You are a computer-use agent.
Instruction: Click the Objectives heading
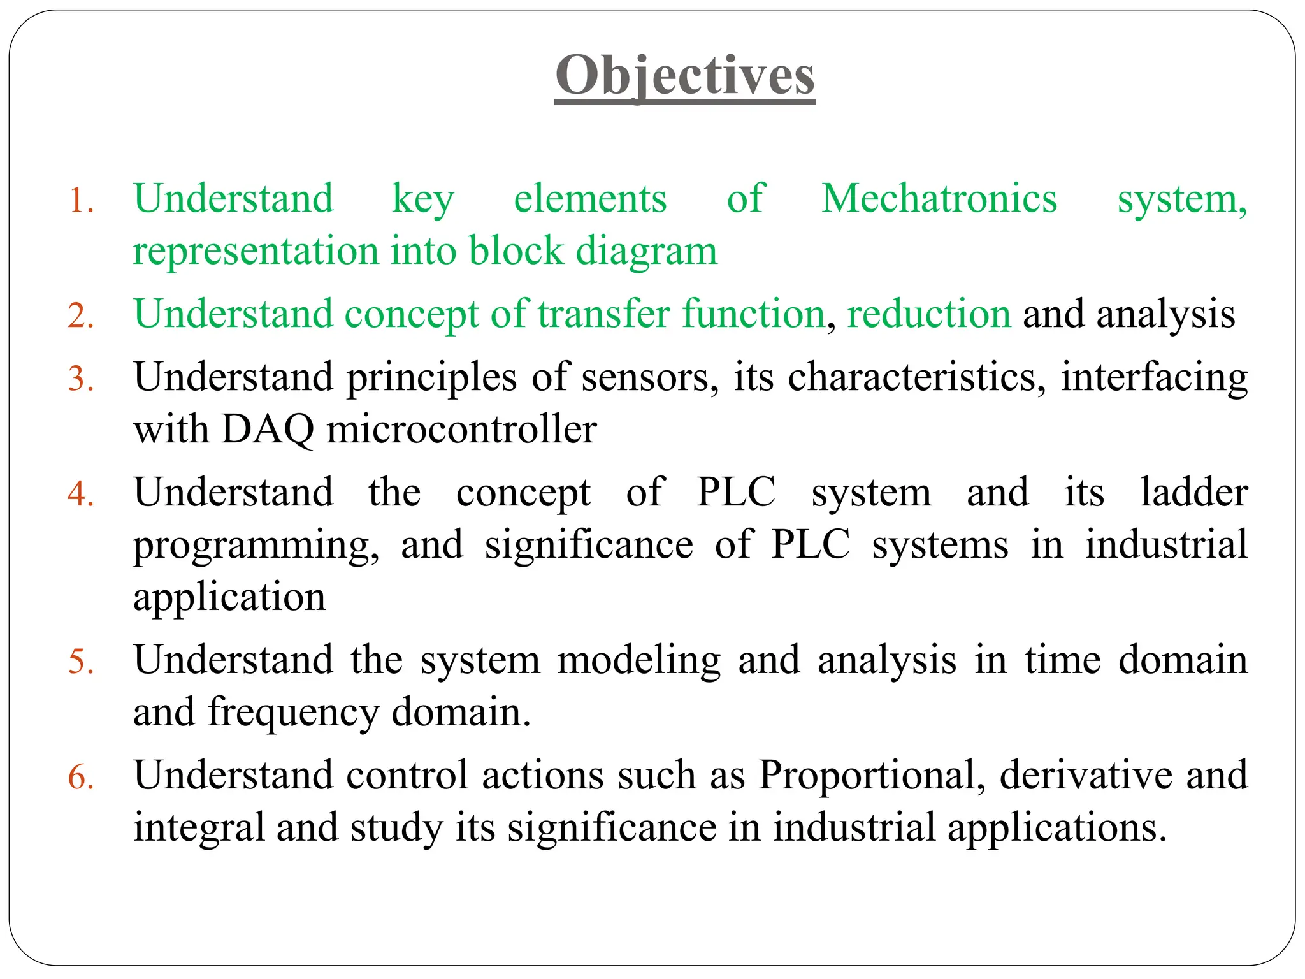coord(685,76)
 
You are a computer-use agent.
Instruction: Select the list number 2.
coord(81,316)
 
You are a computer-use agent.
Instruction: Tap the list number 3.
coord(81,379)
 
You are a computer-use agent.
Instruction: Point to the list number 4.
coord(81,494)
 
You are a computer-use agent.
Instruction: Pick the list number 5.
coord(81,662)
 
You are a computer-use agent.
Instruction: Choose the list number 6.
coord(81,778)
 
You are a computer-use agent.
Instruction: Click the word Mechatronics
coord(939,199)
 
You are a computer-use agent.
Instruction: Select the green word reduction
coord(928,314)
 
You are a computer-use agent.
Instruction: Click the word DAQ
coord(268,430)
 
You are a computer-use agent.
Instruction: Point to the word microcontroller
coord(461,430)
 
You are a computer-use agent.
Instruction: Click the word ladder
coord(1194,493)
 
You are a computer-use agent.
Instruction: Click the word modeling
coord(638,661)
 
